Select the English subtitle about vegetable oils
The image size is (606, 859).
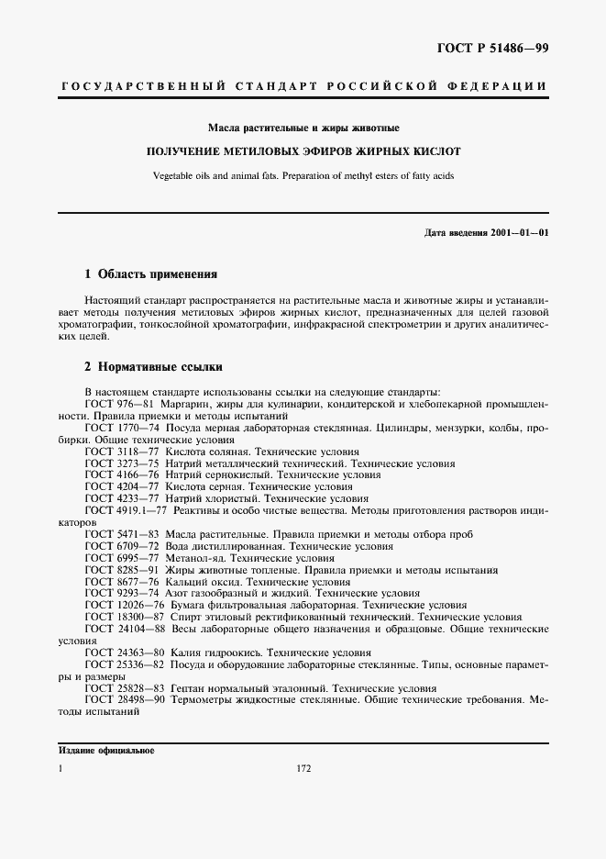(x=303, y=175)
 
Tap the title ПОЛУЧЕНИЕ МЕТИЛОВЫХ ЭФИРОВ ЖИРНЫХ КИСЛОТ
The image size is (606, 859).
(x=303, y=151)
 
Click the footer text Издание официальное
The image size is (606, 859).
(x=106, y=750)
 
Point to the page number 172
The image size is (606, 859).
(x=303, y=769)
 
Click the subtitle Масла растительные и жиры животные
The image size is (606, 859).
(x=303, y=128)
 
